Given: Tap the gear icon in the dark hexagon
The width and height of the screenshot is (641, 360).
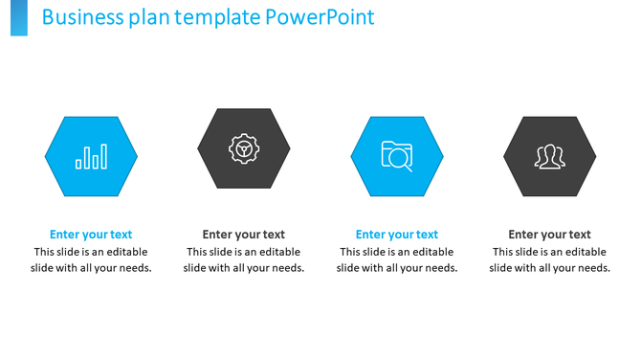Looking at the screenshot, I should (244, 148).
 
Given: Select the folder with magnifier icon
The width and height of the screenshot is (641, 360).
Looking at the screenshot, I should (397, 156).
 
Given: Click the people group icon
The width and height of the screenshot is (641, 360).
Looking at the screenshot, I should (550, 156).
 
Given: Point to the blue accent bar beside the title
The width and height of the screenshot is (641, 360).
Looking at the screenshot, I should (19, 17).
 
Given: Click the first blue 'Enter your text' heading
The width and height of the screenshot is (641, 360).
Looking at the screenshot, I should (91, 235).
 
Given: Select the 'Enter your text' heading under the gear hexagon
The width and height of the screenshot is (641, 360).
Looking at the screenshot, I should (244, 235).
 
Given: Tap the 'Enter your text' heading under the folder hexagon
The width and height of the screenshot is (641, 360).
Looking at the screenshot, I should (397, 235).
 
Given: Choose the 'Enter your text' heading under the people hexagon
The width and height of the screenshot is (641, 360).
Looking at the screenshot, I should (550, 235).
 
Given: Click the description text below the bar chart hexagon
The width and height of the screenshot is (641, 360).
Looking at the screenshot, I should (91, 260).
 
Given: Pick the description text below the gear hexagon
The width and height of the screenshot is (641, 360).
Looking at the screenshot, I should (244, 260).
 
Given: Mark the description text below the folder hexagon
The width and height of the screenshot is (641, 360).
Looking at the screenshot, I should (397, 260).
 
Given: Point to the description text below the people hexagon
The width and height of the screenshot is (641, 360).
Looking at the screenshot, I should (550, 260).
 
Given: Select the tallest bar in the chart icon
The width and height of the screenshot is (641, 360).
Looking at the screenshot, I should (103, 156).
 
